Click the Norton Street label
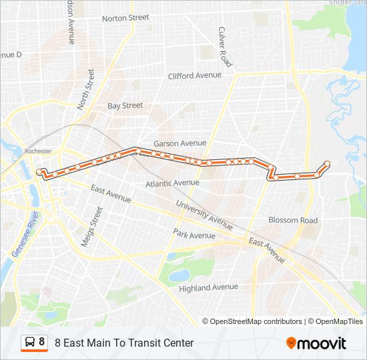(125, 17)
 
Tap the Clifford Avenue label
(194, 75)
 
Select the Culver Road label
(225, 47)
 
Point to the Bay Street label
(125, 105)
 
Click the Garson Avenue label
(179, 143)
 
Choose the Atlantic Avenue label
(172, 183)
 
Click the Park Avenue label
(194, 235)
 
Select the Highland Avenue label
(208, 287)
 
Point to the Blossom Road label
(293, 220)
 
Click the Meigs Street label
(92, 227)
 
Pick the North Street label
(85, 89)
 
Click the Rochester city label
(37, 151)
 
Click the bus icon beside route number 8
(31, 342)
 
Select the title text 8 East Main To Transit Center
(124, 343)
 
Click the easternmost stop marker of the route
(327, 164)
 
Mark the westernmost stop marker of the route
(39, 171)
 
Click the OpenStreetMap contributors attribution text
(252, 321)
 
